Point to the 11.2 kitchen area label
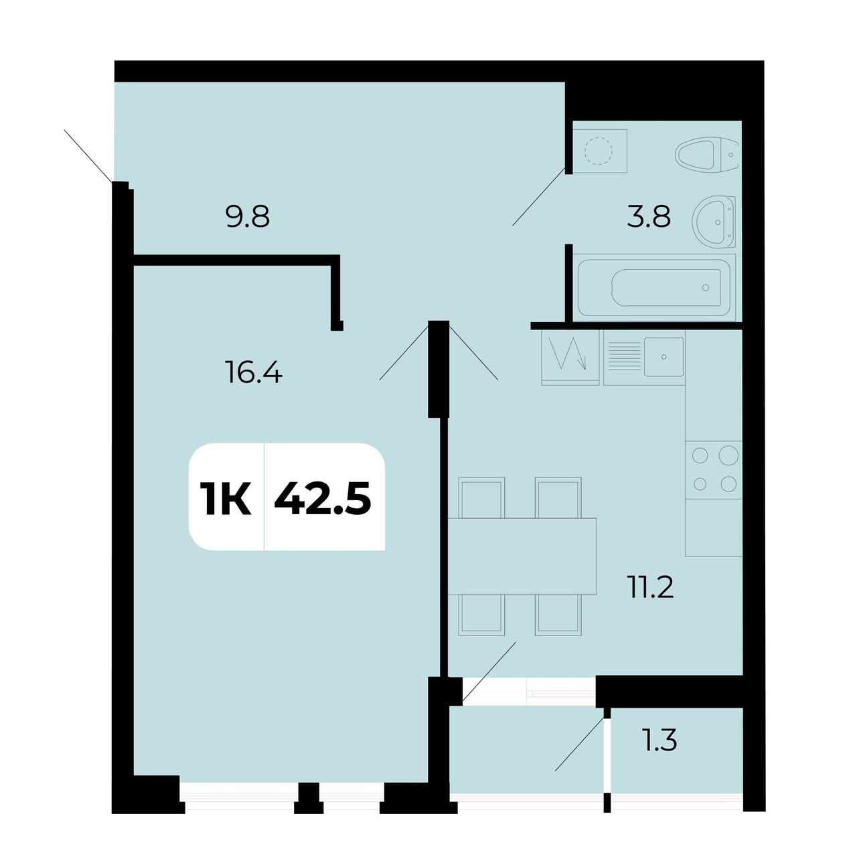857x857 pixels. click(x=650, y=587)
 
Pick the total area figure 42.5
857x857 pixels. click(x=323, y=498)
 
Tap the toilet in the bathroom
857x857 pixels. click(x=706, y=154)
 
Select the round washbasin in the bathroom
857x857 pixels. click(x=714, y=222)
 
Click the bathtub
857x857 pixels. click(x=656, y=287)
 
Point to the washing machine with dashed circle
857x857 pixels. click(x=599, y=151)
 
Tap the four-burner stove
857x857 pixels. click(x=714, y=469)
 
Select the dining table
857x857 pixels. click(x=522, y=556)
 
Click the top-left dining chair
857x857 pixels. click(x=481, y=497)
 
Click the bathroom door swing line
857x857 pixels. click(x=539, y=197)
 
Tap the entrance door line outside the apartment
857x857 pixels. click(x=88, y=156)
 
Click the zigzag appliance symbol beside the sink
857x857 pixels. click(x=570, y=355)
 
